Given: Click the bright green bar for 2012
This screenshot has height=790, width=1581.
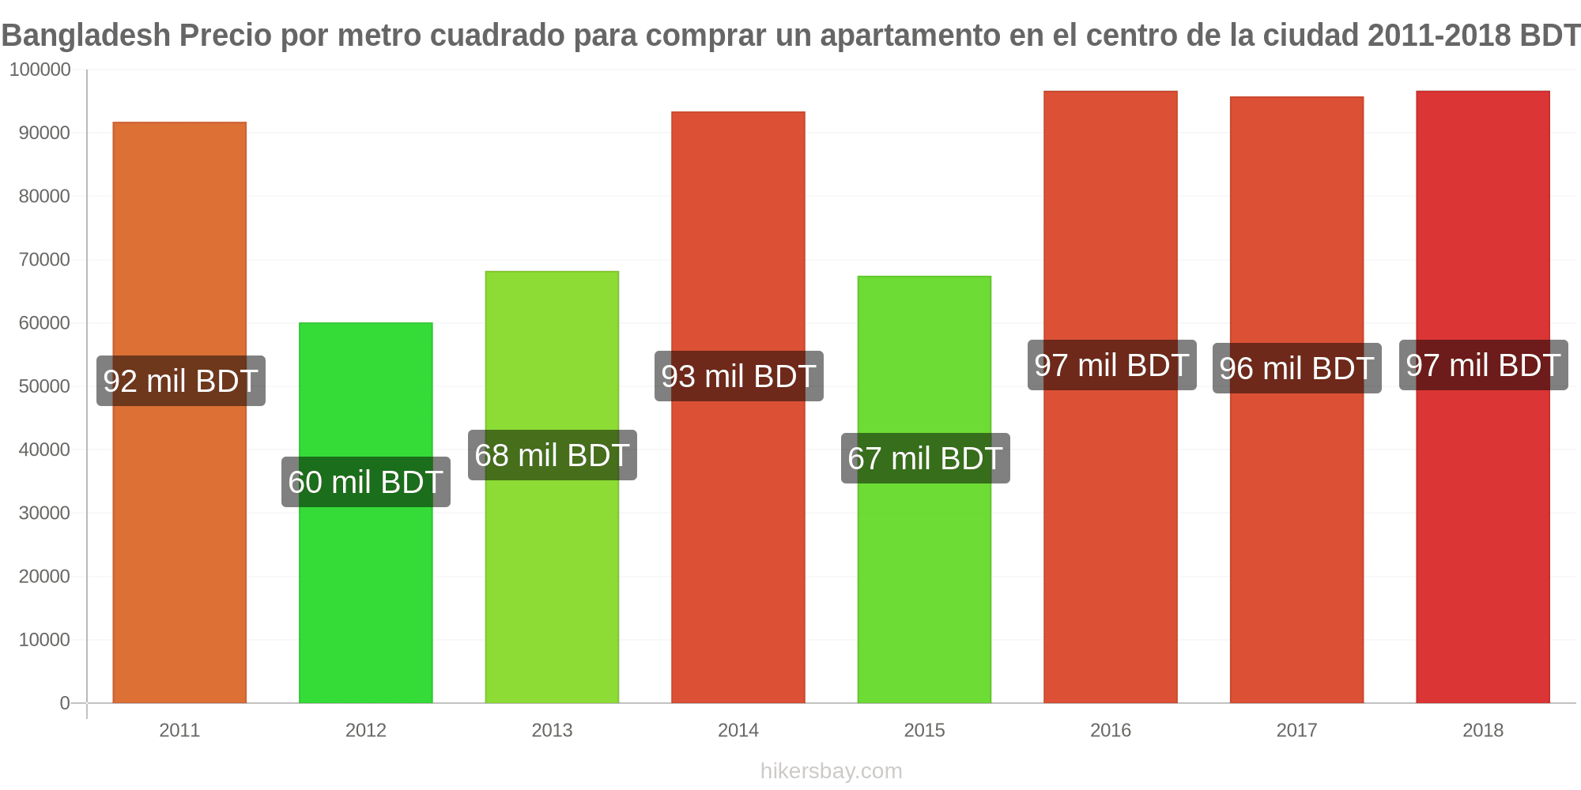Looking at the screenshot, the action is click(x=366, y=513).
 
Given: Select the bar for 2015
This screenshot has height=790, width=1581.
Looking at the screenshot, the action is click(x=924, y=490).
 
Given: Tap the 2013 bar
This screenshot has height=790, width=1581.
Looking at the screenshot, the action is click(x=552, y=487).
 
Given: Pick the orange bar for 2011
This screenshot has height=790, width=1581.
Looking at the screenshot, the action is click(x=179, y=412).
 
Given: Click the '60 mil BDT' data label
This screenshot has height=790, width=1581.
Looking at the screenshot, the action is click(x=366, y=482).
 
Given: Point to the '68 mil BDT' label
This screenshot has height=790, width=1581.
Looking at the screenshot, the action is click(x=553, y=455).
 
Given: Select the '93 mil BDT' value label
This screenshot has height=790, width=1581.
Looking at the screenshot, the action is click(x=739, y=376).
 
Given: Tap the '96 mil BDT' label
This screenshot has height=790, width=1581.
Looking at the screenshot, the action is click(x=1297, y=368).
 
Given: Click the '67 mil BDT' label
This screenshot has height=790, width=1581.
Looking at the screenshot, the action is click(x=926, y=458).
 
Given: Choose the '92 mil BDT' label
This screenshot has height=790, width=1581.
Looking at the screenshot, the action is click(x=181, y=381).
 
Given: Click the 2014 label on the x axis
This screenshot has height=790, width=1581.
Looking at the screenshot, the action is click(x=738, y=730).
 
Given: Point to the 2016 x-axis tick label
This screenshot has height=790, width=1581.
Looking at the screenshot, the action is click(x=1111, y=730).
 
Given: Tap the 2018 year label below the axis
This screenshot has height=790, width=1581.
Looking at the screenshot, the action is click(x=1483, y=730).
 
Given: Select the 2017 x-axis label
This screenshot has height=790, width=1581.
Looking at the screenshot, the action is click(x=1297, y=730).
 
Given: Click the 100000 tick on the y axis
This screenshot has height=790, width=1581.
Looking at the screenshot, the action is click(x=40, y=70).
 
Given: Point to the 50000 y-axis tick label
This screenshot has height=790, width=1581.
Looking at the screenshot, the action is click(x=44, y=386).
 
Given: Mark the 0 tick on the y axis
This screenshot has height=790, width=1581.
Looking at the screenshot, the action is click(x=65, y=703).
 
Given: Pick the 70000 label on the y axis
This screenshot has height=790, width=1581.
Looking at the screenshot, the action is click(x=44, y=259).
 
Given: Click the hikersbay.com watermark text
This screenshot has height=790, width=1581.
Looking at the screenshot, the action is click(x=831, y=771).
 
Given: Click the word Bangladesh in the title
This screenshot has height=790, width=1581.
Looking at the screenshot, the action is click(x=86, y=36).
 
